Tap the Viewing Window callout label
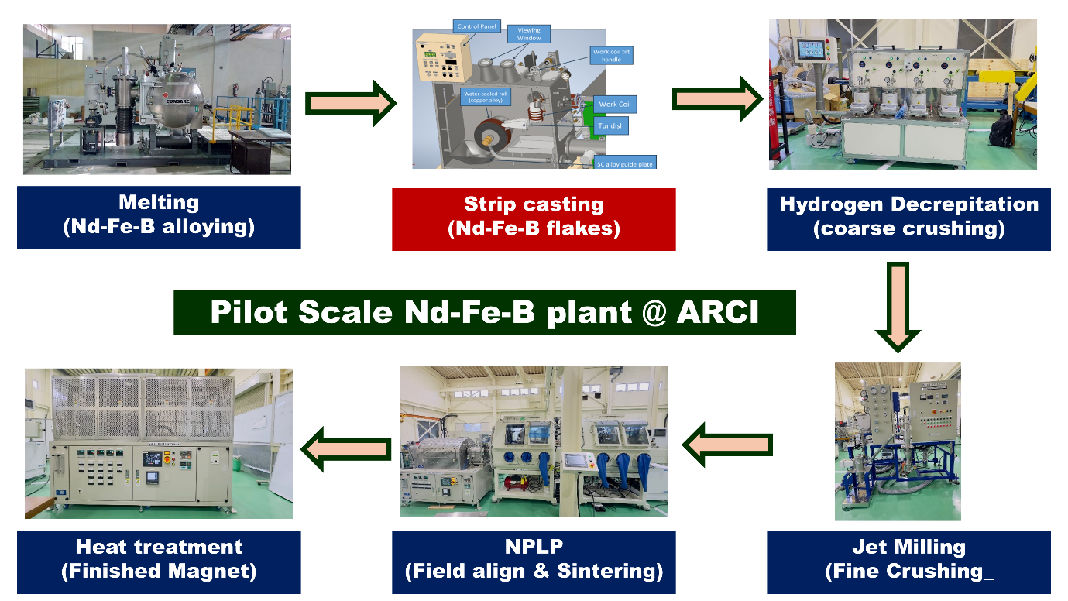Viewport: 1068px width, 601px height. [529, 33]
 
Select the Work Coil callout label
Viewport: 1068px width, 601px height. [618, 105]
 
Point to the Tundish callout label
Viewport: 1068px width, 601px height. [610, 125]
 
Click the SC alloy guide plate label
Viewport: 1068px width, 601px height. [625, 163]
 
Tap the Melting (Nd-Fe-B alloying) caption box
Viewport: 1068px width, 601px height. [159, 217]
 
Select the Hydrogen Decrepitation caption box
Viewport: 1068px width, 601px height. [908, 218]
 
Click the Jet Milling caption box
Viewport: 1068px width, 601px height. [908, 559]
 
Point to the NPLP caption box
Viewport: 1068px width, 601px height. [534, 559]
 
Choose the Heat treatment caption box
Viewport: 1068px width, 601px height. [159, 559]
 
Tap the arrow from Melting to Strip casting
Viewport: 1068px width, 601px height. [349, 102]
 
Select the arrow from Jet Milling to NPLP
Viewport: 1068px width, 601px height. [729, 445]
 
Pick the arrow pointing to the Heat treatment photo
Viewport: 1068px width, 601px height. [346, 448]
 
